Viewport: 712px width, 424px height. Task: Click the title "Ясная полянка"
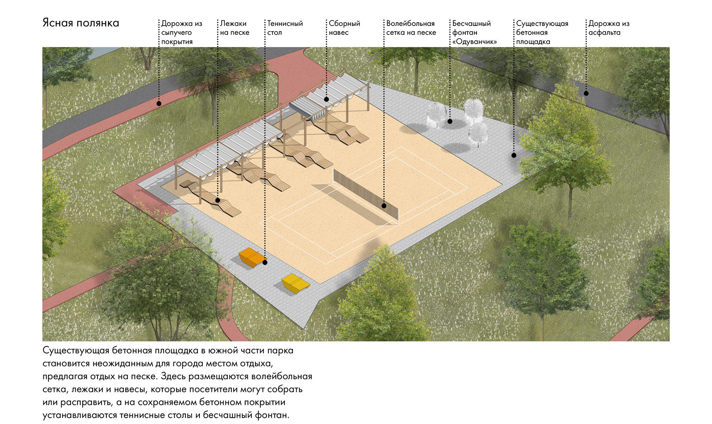pyautogui.click(x=81, y=23)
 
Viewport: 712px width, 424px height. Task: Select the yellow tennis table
pyautogui.click(x=295, y=283)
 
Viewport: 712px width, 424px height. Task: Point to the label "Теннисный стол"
pyautogui.click(x=285, y=28)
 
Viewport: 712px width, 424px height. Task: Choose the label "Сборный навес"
pyautogui.click(x=344, y=28)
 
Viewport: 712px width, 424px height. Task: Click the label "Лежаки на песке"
pyautogui.click(x=234, y=28)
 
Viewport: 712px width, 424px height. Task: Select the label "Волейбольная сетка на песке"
pyautogui.click(x=411, y=28)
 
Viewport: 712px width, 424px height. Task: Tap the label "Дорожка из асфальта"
pyautogui.click(x=609, y=28)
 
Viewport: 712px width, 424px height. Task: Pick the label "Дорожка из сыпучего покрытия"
pyautogui.click(x=181, y=32)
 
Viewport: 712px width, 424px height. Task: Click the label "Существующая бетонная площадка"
pyautogui.click(x=542, y=32)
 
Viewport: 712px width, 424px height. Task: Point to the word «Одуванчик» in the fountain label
pyautogui.click(x=474, y=42)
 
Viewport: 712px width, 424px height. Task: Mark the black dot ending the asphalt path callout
pyautogui.click(x=586, y=93)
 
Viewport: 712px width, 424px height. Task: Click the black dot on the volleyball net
pyautogui.click(x=384, y=206)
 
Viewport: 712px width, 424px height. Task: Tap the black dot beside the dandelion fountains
pyautogui.click(x=450, y=121)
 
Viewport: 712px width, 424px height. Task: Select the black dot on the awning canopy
pyautogui.click(x=326, y=99)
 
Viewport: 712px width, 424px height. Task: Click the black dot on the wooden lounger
pyautogui.click(x=218, y=200)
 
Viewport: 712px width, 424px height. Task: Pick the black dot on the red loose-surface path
pyautogui.click(x=159, y=103)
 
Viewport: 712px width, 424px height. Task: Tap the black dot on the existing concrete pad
pyautogui.click(x=514, y=155)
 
